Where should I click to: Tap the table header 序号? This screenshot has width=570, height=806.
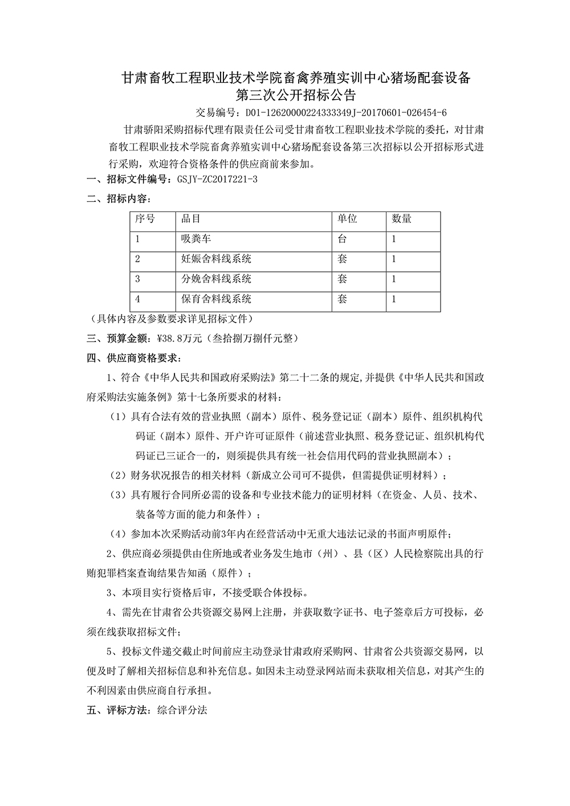tap(145, 219)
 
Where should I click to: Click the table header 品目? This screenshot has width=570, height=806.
tap(190, 219)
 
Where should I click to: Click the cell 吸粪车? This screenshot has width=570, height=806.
tap(196, 239)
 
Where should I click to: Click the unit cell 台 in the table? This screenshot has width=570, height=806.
tap(342, 239)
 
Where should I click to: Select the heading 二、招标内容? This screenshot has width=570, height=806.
tap(118, 199)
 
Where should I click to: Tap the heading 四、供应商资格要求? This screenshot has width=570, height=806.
tap(133, 359)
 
